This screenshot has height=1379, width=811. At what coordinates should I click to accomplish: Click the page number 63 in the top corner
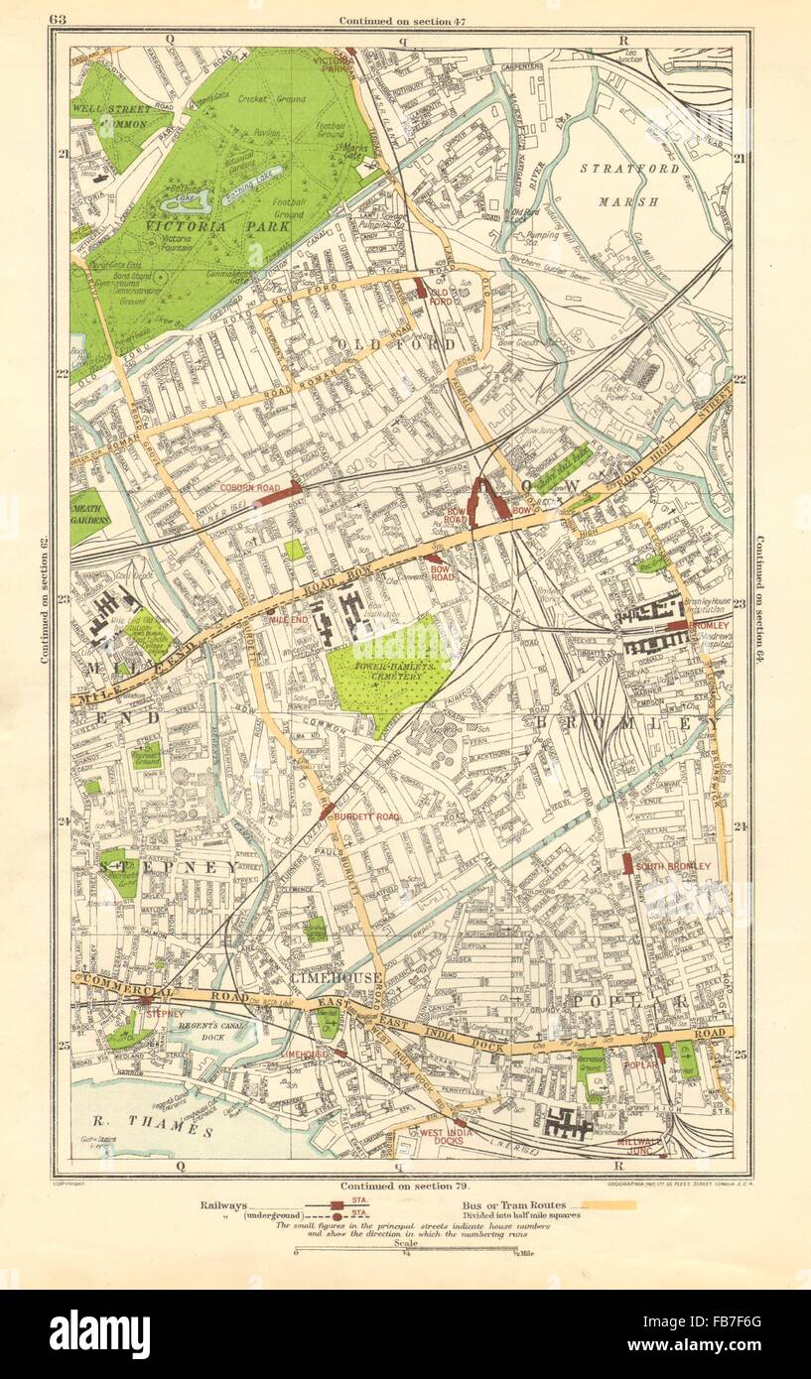(x=57, y=20)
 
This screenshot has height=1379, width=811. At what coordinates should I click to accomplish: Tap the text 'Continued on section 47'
(x=402, y=21)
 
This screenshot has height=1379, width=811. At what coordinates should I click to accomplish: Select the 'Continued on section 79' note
(x=401, y=1186)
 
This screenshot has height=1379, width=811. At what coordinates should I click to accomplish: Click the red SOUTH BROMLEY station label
(x=673, y=866)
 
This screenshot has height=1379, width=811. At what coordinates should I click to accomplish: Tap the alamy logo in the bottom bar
(x=99, y=1333)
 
